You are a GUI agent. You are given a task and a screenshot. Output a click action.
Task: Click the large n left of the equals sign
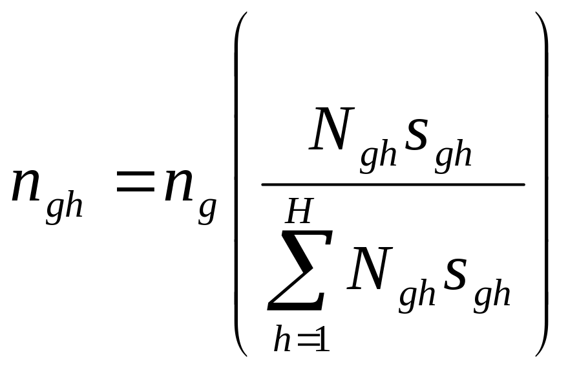point(25,185)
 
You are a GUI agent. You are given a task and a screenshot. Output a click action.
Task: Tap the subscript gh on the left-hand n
point(65,209)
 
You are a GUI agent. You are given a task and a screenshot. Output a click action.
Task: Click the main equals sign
point(135,181)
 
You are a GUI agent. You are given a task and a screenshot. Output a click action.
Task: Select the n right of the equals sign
point(178,185)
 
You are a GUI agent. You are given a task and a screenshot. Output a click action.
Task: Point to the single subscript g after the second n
point(207,211)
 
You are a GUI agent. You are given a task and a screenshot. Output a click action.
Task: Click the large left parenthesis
point(241,184)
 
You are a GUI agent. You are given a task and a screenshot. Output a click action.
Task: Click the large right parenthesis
point(542,184)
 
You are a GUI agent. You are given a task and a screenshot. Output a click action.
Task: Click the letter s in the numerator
point(416,134)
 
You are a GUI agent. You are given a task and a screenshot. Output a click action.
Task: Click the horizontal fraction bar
point(393,184)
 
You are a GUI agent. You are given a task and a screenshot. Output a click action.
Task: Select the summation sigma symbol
point(300,270)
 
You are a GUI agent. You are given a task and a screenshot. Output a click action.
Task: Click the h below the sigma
point(282,338)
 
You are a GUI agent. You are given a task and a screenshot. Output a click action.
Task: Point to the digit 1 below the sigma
point(323,340)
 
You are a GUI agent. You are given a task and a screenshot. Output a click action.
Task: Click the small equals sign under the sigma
point(307,340)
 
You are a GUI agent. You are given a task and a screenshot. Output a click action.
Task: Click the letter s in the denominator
point(455,274)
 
